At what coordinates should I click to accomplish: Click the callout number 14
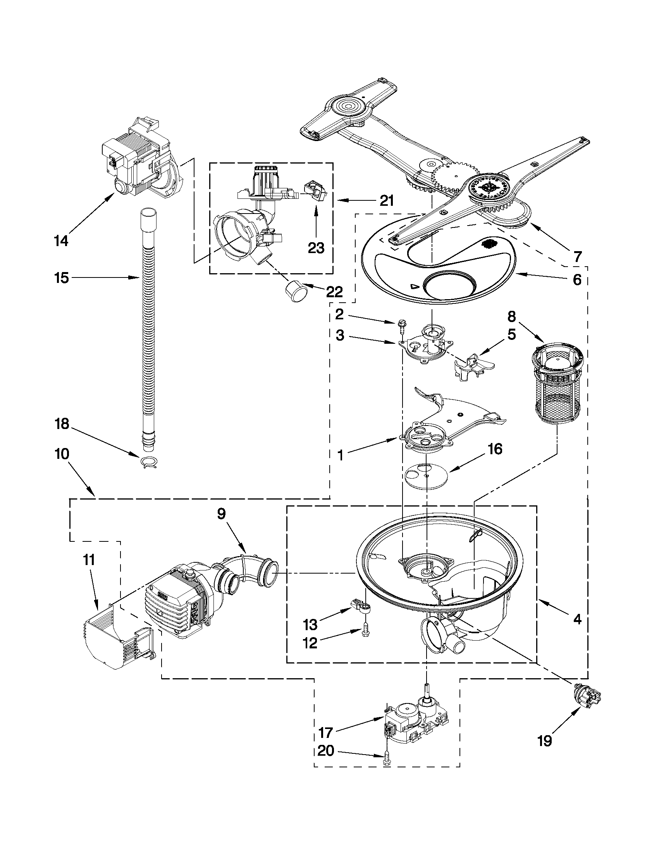pos(61,241)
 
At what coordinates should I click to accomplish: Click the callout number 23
pos(316,247)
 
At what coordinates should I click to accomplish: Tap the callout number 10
pos(62,454)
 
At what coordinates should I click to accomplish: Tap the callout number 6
pos(576,279)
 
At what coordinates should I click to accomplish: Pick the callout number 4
pos(576,619)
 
